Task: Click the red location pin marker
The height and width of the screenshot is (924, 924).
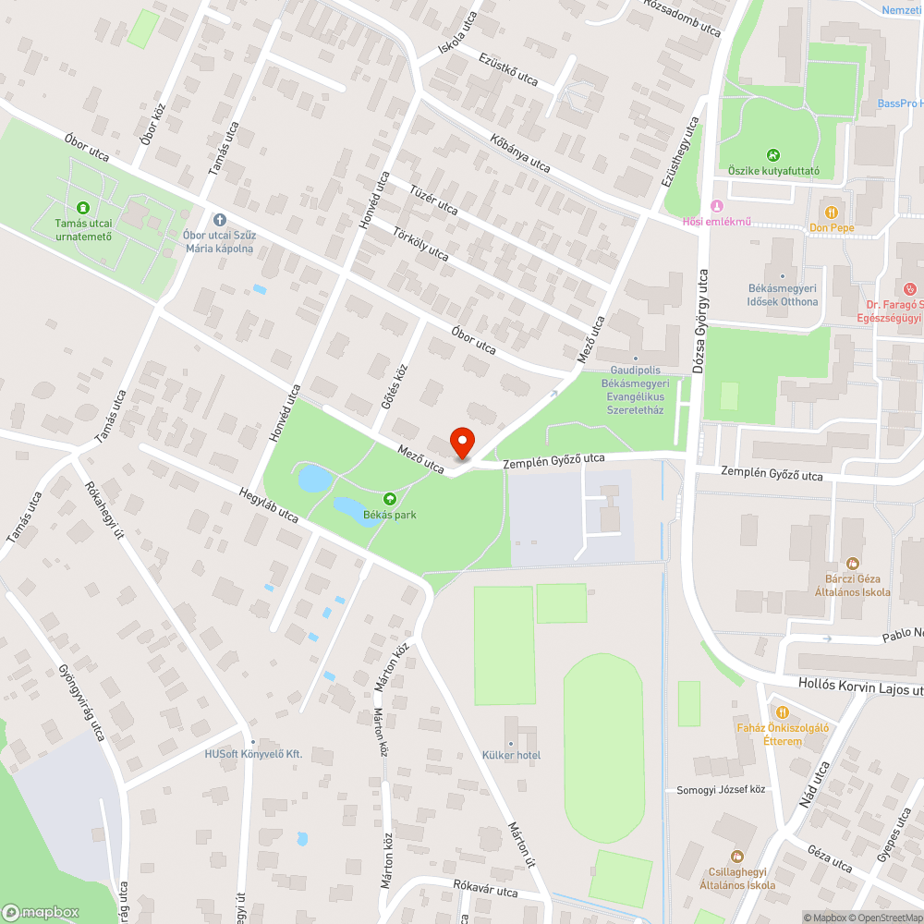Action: point(462,442)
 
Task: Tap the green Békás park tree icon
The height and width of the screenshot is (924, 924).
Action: point(389,499)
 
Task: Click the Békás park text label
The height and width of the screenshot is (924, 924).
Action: point(389,514)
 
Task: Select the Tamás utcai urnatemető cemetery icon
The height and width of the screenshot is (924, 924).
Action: point(83,209)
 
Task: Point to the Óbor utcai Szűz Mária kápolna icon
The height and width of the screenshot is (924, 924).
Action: point(219,220)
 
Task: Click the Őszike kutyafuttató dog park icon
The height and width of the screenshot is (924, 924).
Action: point(773,155)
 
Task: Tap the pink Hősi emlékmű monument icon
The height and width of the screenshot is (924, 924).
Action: point(714,205)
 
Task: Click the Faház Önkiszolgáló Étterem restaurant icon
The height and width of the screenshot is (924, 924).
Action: point(782,712)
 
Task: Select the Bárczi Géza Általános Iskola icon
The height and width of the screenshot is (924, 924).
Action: point(853,563)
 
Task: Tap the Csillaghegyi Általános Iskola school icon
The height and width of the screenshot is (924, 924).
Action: point(736,857)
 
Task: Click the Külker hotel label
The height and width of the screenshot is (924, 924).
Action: point(511,756)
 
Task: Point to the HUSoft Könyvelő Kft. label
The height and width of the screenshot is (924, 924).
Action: point(254,754)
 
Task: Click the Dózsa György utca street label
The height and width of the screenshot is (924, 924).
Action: point(699,322)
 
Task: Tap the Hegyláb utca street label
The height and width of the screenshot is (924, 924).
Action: point(268,505)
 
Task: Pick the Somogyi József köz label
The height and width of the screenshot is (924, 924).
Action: point(722,790)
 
